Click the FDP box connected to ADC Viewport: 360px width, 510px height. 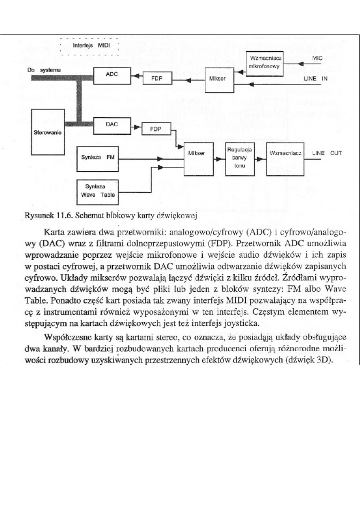157,78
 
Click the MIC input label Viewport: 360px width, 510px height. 318,59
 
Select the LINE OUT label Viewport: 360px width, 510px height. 327,153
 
